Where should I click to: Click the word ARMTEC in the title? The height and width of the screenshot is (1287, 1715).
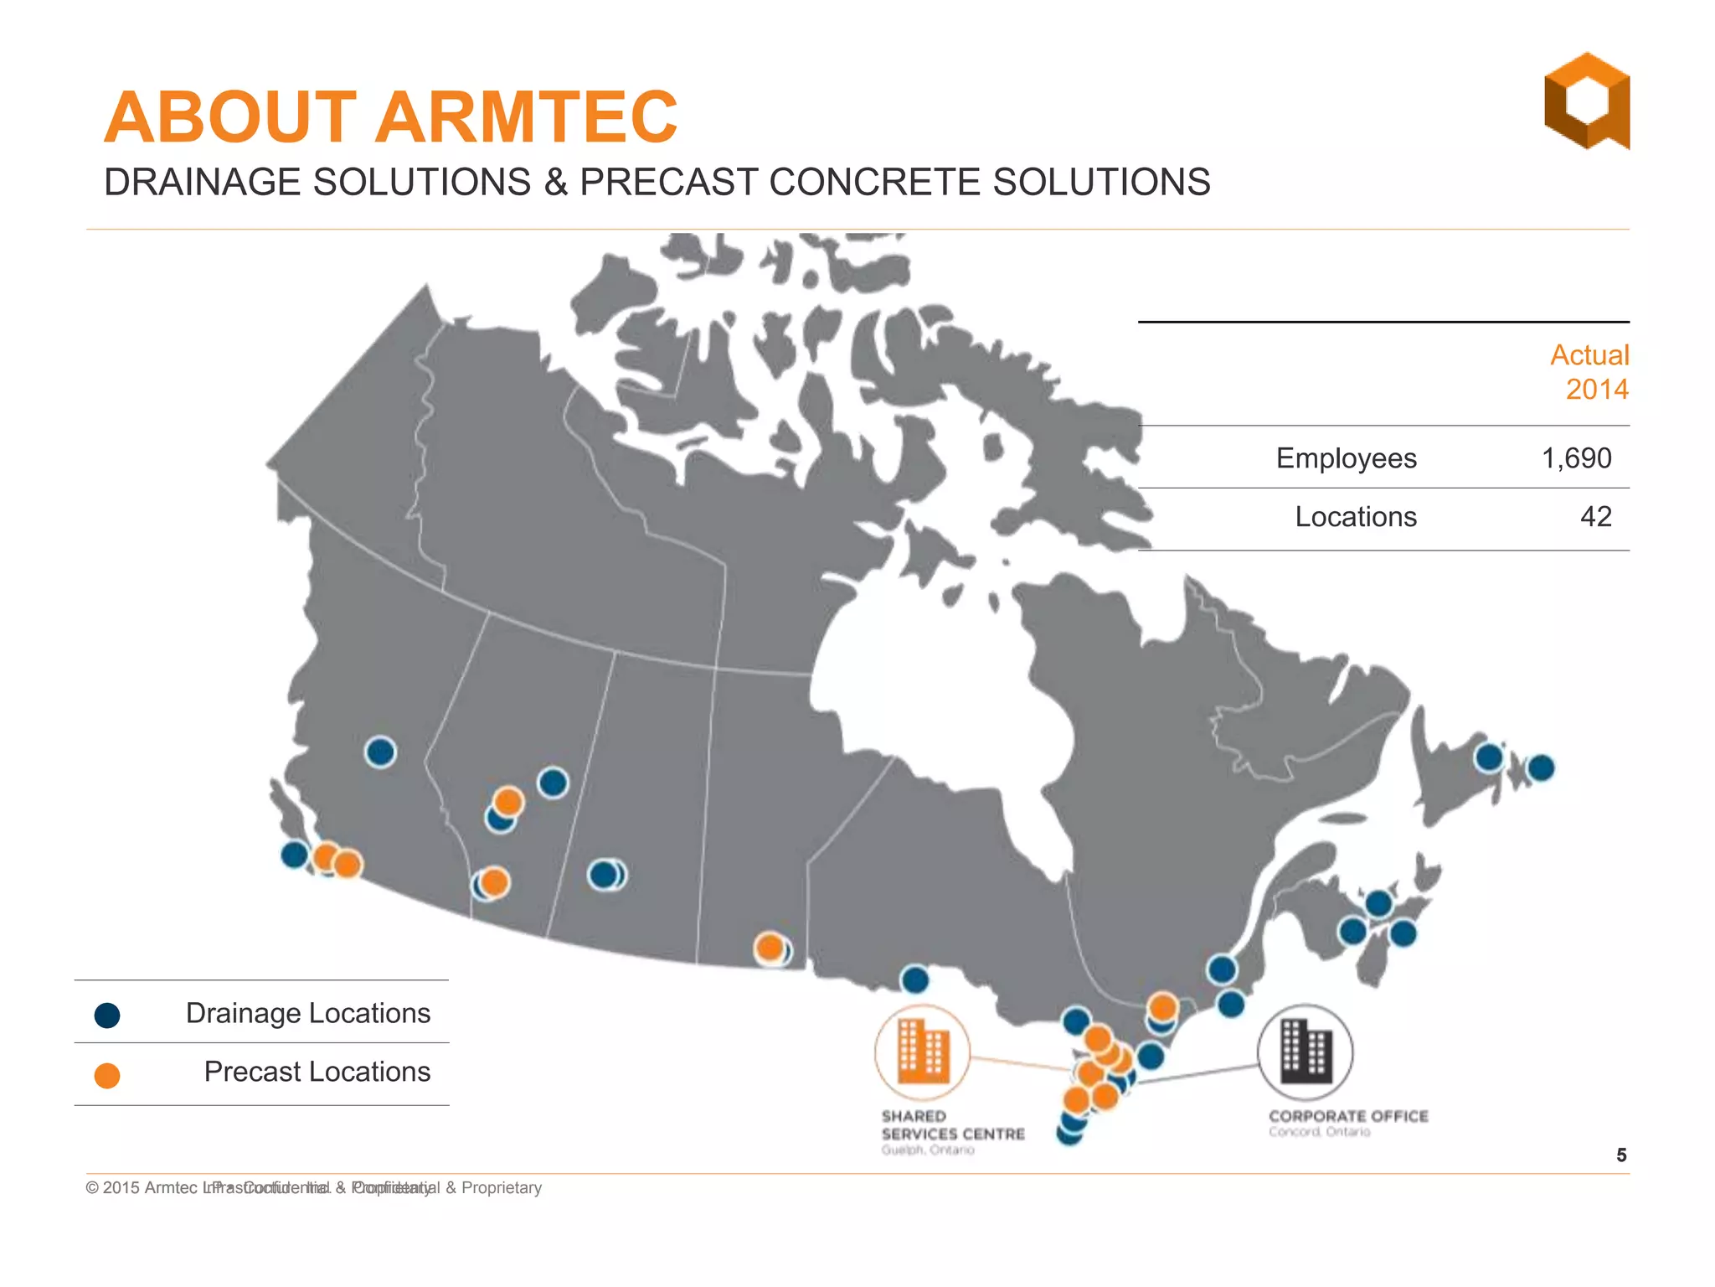click(x=526, y=117)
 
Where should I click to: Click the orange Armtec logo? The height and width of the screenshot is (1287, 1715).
click(x=1586, y=101)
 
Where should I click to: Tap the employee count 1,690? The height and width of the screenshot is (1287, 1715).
click(x=1576, y=458)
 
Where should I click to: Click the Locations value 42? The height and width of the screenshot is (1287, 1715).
click(x=1595, y=517)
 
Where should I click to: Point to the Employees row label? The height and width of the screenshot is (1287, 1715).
click(x=1346, y=458)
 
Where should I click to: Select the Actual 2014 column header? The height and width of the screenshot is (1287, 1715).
click(x=1589, y=372)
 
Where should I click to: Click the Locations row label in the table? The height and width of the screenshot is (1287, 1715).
click(x=1355, y=517)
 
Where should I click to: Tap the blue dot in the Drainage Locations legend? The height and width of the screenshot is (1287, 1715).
click(x=107, y=1016)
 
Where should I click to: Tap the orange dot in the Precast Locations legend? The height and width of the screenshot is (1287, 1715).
click(x=107, y=1075)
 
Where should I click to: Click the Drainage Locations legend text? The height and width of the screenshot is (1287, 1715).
click(x=307, y=1013)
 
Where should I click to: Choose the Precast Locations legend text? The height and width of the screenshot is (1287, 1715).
click(x=317, y=1072)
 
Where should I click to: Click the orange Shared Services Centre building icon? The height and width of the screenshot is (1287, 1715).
click(x=922, y=1052)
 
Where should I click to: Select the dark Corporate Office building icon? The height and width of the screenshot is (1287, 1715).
click(x=1306, y=1052)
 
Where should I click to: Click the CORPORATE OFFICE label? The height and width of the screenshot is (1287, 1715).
click(x=1347, y=1116)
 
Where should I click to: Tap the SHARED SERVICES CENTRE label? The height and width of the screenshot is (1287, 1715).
click(x=952, y=1125)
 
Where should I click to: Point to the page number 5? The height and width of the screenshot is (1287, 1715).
click(x=1621, y=1155)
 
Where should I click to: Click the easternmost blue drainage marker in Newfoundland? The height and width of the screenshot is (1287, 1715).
click(x=1541, y=768)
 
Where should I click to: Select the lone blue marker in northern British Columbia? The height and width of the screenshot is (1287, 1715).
click(x=380, y=752)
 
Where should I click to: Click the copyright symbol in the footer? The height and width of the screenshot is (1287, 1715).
click(x=92, y=1188)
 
